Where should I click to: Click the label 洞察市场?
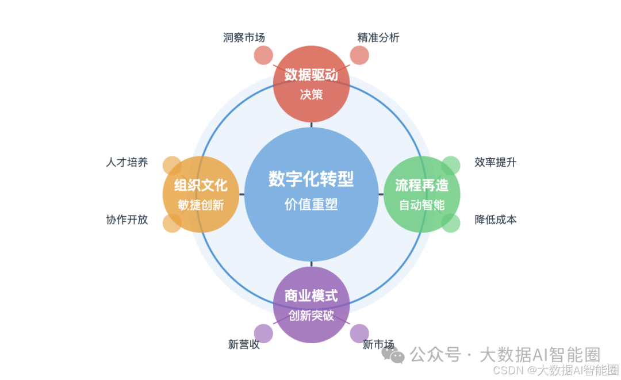(244, 37)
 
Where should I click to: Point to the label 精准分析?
(378, 37)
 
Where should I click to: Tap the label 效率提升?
(496, 162)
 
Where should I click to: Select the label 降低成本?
(496, 220)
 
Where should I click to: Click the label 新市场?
(378, 344)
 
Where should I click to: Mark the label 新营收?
(244, 344)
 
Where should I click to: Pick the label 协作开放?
(127, 220)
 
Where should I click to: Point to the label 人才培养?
(127, 162)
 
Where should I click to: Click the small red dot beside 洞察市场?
(263, 55)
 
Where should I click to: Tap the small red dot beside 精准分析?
(359, 55)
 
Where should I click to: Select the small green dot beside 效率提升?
(451, 166)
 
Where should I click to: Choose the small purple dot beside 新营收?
(263, 333)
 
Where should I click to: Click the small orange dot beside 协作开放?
(172, 223)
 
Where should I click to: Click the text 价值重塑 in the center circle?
(311, 204)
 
